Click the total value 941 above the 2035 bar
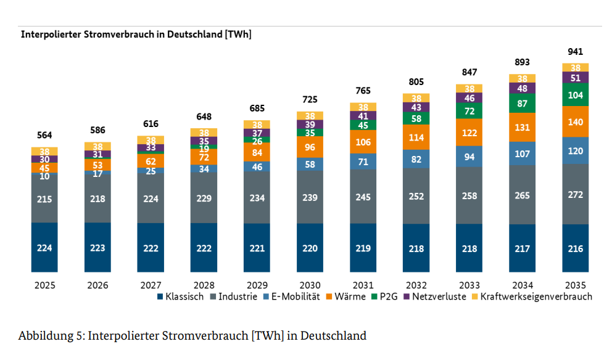pos(575,52)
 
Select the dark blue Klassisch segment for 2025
pos(44,247)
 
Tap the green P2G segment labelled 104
pos(575,95)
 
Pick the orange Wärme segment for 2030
pos(310,147)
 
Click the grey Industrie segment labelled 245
pos(363,198)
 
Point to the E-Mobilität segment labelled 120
pos(575,150)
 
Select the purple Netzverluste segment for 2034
pos(522,88)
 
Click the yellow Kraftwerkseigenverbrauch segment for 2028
pos(204,133)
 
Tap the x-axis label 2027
pos(151,285)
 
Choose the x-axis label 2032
pos(416,285)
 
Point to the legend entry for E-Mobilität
pos(296,297)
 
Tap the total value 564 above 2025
pos(44,136)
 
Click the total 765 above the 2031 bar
pos(363,92)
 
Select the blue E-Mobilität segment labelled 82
pos(416,160)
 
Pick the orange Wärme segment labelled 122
pos(469,133)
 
